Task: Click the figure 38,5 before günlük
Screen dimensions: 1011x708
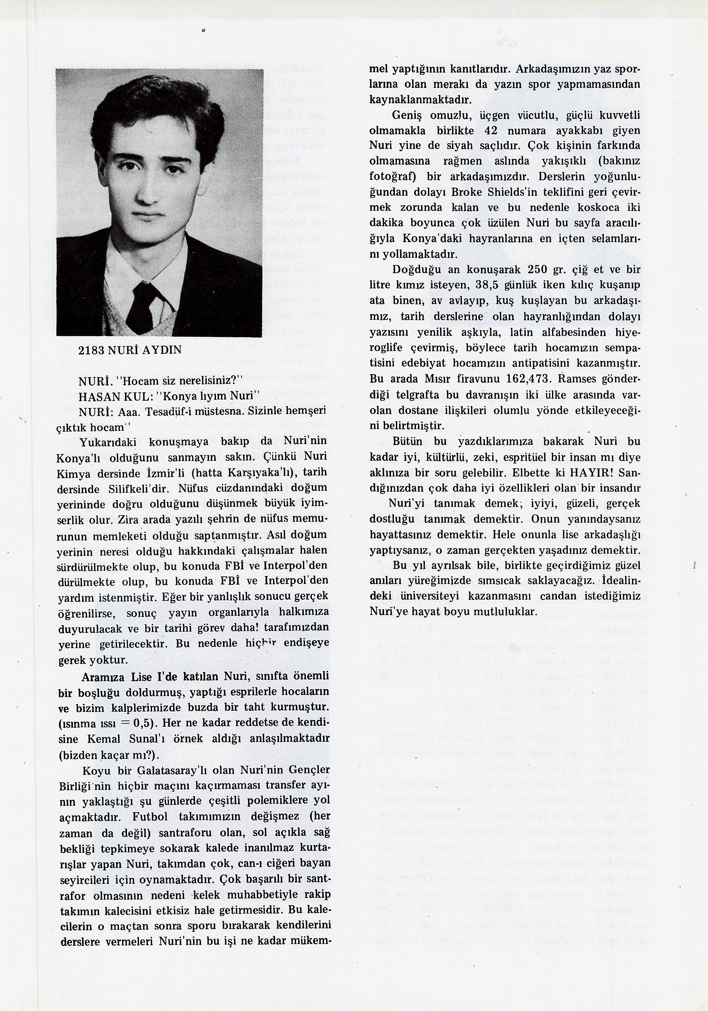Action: pyautogui.click(x=487, y=285)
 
